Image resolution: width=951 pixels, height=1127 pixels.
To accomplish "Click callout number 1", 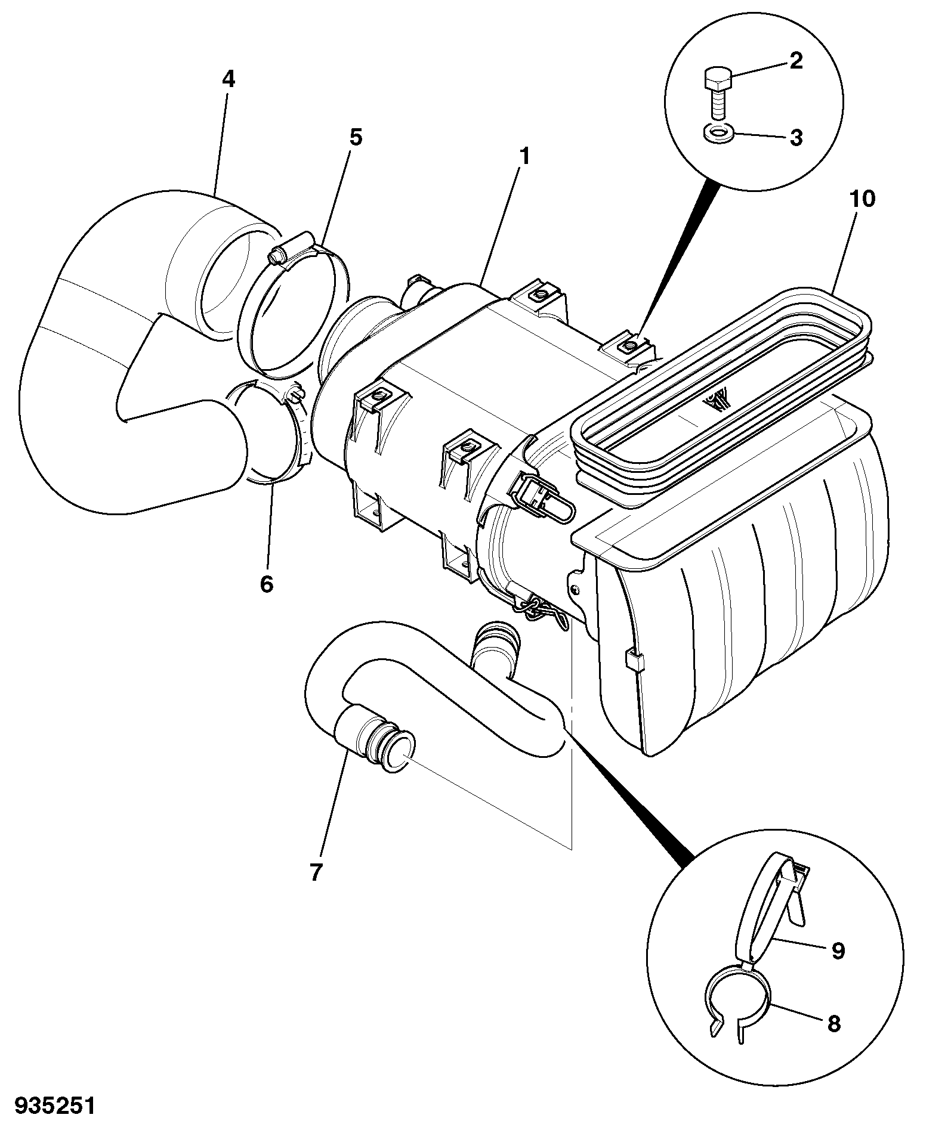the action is (x=524, y=158).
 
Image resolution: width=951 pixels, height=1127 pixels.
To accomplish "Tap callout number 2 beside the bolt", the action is (x=796, y=61).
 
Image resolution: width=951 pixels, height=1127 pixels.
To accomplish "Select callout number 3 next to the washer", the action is (x=796, y=138).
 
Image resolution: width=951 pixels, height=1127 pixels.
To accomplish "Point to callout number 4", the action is (x=228, y=79).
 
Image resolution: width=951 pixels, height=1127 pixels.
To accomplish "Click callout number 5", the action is (x=356, y=138).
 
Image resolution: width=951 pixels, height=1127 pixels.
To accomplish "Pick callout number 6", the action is (x=266, y=584).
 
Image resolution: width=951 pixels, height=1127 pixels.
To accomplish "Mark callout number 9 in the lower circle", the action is (x=838, y=950).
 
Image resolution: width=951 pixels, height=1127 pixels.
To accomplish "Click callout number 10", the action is (x=863, y=199).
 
